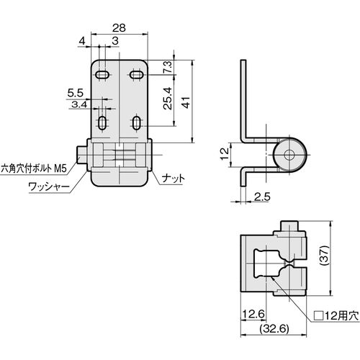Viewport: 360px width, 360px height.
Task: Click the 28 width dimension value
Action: coord(119,28)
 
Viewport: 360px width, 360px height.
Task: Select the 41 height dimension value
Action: coord(186,102)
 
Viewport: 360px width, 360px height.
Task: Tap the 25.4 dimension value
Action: coord(168,99)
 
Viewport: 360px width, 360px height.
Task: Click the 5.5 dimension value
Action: coord(75,93)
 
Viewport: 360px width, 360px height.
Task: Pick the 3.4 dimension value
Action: coord(79,104)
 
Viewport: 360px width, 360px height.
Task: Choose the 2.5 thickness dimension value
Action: coord(262,197)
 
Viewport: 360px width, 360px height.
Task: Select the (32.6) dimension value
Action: coord(274,328)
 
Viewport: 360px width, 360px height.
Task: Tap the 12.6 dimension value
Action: coord(253,314)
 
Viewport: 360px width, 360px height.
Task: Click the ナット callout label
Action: coord(174,179)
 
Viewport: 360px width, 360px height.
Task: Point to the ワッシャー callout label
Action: coord(49,186)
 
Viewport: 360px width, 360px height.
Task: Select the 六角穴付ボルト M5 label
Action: coord(34,168)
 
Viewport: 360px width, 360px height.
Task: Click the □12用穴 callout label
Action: coord(336,315)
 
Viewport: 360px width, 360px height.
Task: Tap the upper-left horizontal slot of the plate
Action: coord(102,75)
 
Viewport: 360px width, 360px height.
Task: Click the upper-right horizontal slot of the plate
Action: coord(137,75)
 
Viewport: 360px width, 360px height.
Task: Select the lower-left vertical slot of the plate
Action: coord(102,123)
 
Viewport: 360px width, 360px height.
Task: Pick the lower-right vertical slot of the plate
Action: coord(137,123)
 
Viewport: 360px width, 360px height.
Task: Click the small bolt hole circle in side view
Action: coord(289,155)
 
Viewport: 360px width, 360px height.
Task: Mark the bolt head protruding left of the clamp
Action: coord(82,155)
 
